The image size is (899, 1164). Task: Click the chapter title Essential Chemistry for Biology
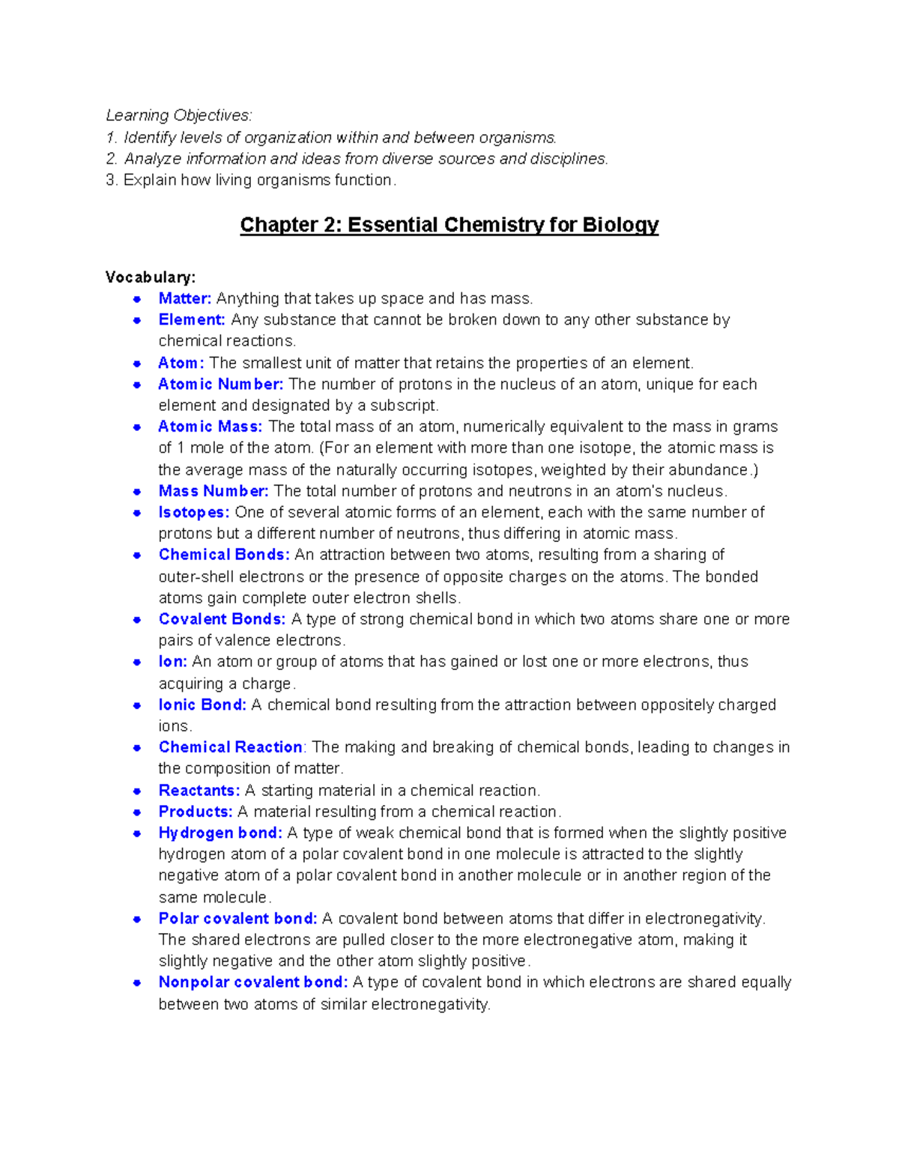tap(449, 225)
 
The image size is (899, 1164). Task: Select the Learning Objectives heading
tap(178, 115)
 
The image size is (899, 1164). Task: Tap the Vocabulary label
tap(150, 277)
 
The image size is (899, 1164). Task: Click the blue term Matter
tap(184, 298)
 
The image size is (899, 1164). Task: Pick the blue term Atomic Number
tap(220, 385)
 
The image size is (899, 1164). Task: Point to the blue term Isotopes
tap(193, 513)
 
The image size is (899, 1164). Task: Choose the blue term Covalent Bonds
tap(222, 619)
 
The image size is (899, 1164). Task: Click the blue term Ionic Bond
tap(202, 705)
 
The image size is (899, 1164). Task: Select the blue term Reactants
tap(199, 791)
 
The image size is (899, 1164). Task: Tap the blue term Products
tap(195, 812)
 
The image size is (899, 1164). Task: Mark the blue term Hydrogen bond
tap(220, 833)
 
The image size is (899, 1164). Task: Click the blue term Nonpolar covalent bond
tap(252, 982)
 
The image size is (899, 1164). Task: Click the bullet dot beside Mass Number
tap(137, 492)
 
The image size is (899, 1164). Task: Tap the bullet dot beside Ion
tap(137, 662)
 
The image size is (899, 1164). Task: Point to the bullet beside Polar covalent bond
tap(137, 919)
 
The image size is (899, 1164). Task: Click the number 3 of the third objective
tap(110, 181)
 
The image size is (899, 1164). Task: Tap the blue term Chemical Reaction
tap(230, 747)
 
